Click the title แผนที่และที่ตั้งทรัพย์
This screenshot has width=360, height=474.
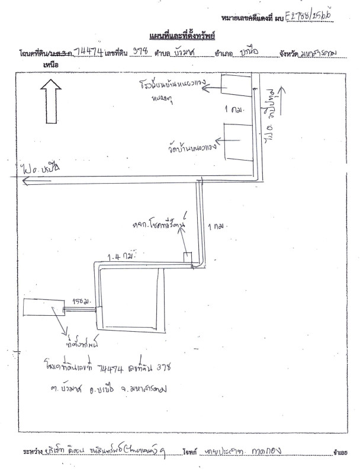[182, 35]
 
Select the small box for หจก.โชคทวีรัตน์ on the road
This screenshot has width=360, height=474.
[187, 258]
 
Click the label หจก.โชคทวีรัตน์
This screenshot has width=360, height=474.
[160, 226]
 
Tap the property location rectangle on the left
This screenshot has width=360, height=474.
[43, 310]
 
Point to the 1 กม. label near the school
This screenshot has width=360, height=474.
[235, 110]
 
